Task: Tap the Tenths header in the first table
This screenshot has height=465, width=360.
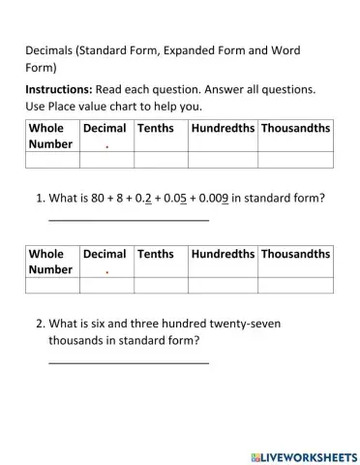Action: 156,128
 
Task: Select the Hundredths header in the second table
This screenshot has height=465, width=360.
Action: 223,254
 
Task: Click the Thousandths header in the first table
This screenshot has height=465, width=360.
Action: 295,128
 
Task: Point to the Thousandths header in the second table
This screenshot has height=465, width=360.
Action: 295,254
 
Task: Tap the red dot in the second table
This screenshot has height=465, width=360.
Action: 106,272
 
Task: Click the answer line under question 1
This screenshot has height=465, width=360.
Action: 129,220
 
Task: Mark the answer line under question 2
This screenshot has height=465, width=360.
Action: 129,363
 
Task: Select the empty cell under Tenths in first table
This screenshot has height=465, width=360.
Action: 161,160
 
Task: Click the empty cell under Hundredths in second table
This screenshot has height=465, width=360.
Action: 223,285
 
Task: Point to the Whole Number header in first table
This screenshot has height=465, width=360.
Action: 50,136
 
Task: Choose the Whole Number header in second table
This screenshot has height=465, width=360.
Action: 50,262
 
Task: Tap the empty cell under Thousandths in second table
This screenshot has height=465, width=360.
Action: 295,285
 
